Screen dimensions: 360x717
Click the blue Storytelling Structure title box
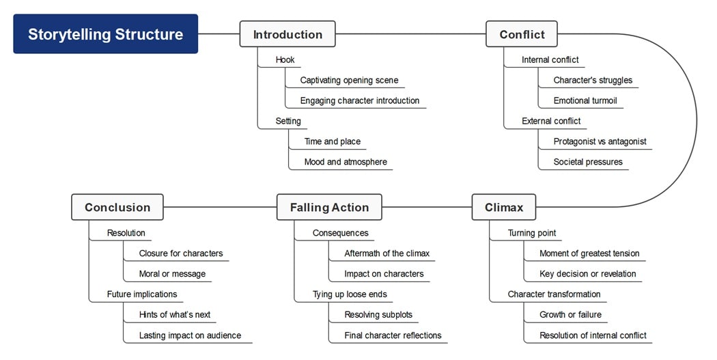(x=106, y=34)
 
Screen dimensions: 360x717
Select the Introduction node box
(x=287, y=34)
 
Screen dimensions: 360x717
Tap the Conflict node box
(x=522, y=34)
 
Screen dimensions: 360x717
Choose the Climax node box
(x=503, y=207)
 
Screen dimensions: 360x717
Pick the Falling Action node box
(x=329, y=207)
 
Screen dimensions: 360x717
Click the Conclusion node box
(x=117, y=207)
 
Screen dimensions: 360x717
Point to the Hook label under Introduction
(x=285, y=59)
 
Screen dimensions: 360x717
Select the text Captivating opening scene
(x=349, y=80)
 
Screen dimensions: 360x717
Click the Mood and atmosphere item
(x=346, y=162)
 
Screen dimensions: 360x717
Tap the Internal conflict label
(x=550, y=59)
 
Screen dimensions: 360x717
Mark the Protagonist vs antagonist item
(x=600, y=141)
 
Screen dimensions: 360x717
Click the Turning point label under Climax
(x=532, y=233)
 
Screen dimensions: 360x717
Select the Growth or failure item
(x=570, y=315)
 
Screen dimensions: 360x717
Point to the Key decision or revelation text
(x=587, y=274)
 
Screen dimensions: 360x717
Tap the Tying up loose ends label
(x=350, y=294)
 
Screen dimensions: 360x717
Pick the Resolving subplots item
(x=378, y=315)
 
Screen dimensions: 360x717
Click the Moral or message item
(x=172, y=274)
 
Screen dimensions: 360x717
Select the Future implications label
(x=142, y=294)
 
